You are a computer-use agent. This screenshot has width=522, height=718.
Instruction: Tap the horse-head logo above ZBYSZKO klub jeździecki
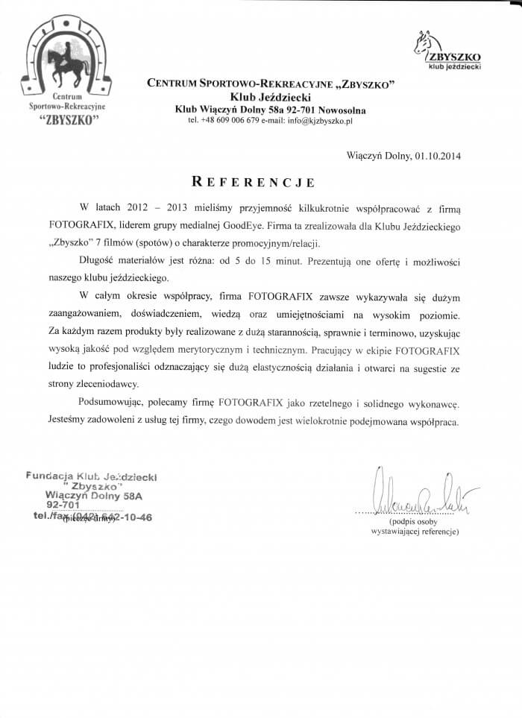424,42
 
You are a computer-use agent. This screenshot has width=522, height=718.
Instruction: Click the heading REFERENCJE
254,181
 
